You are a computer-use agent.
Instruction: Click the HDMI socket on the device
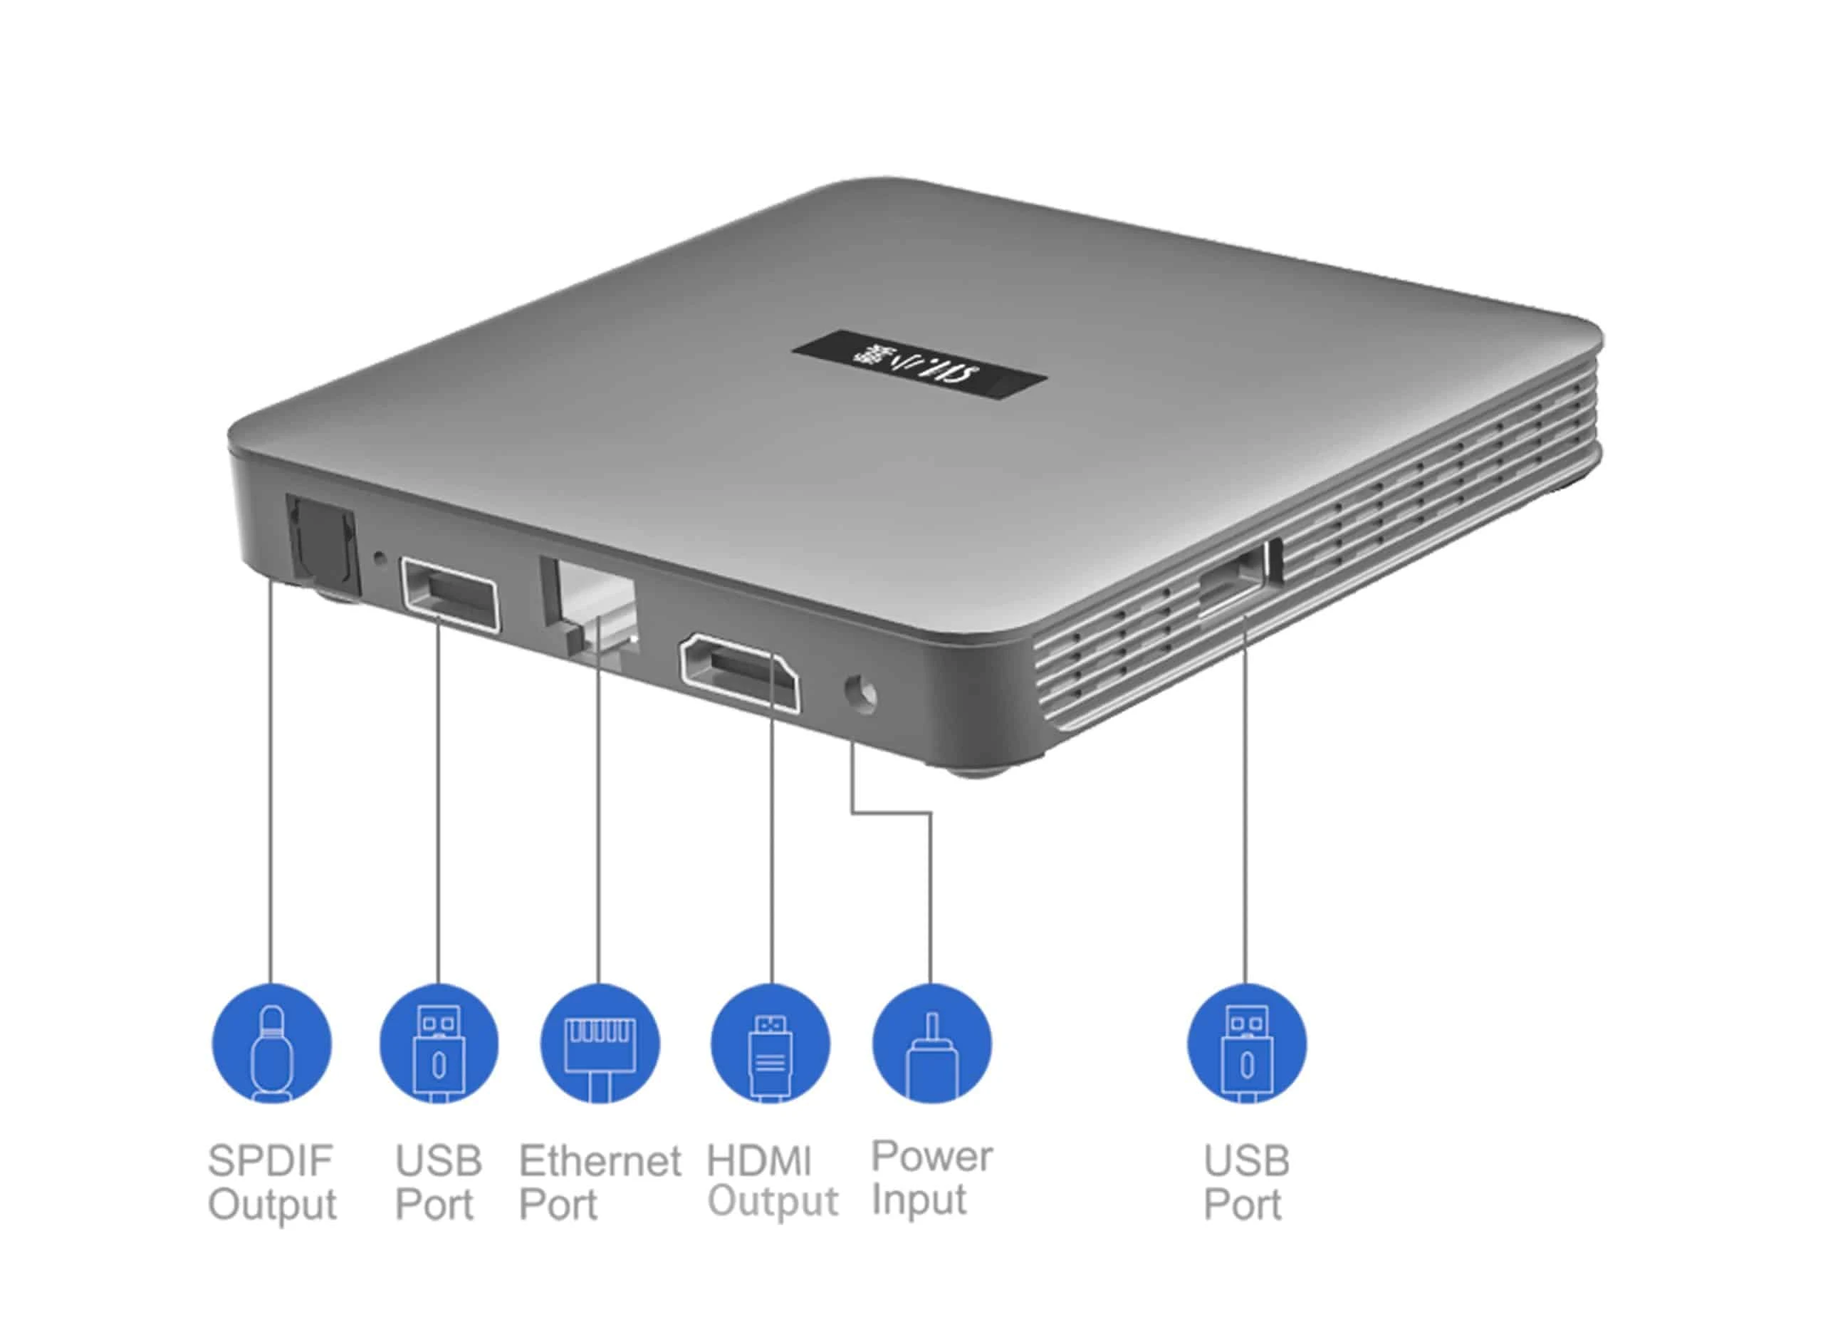(739, 671)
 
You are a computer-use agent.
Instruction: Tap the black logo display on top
(919, 365)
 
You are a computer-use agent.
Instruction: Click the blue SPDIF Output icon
(271, 1044)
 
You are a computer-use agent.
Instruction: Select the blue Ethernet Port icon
(600, 1044)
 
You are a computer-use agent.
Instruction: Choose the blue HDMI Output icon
(770, 1044)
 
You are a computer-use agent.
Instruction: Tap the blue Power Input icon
(931, 1044)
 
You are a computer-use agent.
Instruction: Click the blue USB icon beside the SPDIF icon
(439, 1044)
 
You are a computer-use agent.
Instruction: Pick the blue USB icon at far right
(1246, 1044)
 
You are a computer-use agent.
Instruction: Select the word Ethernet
(600, 1161)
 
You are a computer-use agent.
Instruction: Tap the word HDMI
(758, 1161)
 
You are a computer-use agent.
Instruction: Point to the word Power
(931, 1157)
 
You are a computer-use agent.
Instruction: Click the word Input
(919, 1200)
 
